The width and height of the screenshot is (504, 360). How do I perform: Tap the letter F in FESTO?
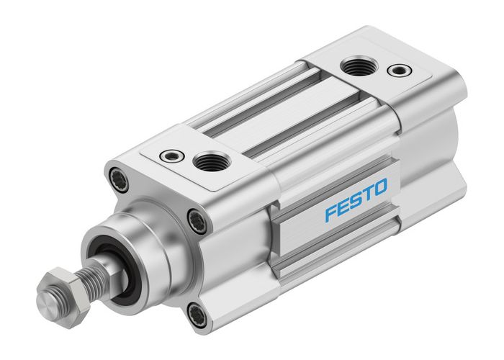(330, 214)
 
